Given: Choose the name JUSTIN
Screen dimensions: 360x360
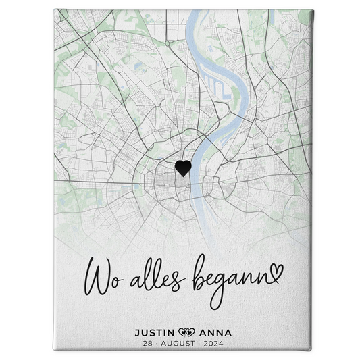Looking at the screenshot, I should (155, 332).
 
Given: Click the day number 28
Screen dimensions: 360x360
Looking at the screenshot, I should (141, 344).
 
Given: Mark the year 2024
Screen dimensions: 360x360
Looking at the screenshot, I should (217, 344).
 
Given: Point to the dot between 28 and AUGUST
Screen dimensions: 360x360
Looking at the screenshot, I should (152, 344).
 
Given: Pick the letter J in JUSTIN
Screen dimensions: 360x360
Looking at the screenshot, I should (138, 332).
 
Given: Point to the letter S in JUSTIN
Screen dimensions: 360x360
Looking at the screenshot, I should (153, 332).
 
